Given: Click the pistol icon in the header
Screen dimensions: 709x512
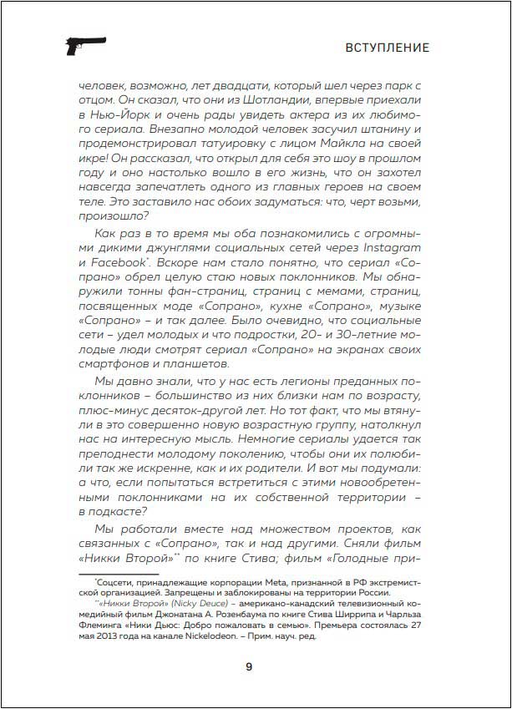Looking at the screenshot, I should (84, 47).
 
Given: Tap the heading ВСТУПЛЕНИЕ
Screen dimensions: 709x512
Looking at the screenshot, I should (387, 48).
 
